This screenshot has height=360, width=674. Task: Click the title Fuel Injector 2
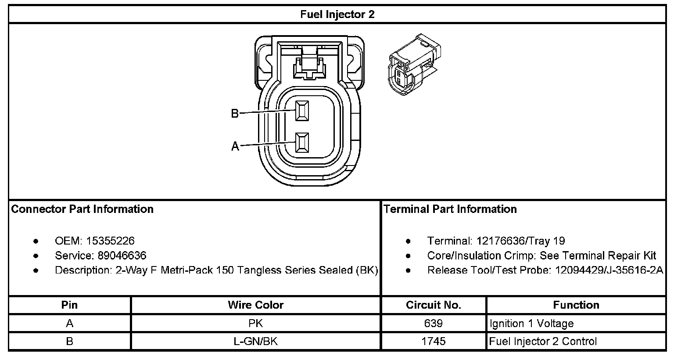tap(337, 14)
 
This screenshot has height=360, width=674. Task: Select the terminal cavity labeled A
tap(302, 143)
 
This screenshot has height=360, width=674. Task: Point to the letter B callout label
tap(235, 114)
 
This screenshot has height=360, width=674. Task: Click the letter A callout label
tap(235, 147)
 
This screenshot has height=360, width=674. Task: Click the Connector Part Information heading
tap(82, 209)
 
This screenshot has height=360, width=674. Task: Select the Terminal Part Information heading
tap(450, 209)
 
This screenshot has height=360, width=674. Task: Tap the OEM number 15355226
tap(110, 241)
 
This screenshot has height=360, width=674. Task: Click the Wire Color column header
tap(255, 305)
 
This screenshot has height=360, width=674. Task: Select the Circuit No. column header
tap(433, 305)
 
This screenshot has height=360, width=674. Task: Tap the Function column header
tap(576, 305)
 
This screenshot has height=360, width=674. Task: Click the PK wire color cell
tap(255, 324)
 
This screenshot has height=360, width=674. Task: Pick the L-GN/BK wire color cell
tap(255, 341)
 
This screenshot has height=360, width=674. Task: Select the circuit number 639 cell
tap(433, 324)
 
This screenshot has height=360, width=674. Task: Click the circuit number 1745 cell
tap(433, 341)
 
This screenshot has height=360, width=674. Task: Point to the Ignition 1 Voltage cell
tap(531, 324)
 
